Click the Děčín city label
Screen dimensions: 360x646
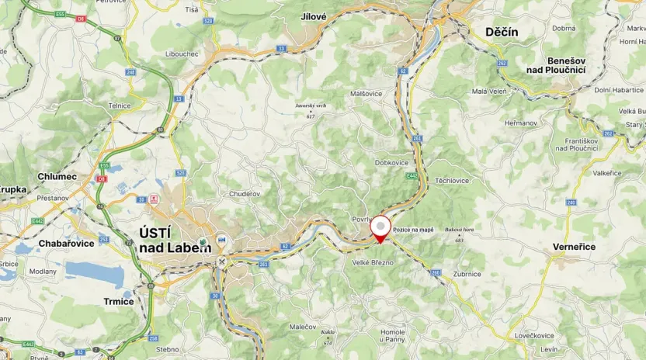[x=502, y=32]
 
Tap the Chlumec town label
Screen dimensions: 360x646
[x=57, y=176]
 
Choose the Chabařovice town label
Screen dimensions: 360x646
[x=66, y=243]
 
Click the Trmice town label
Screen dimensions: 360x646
[x=119, y=301]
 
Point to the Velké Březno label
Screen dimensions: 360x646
[x=373, y=262]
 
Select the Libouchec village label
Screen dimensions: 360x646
[x=204, y=54]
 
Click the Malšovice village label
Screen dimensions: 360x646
[x=366, y=93]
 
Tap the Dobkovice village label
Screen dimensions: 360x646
[x=391, y=162]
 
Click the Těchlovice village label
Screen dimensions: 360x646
[x=452, y=180]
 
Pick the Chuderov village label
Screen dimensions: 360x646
[x=244, y=193]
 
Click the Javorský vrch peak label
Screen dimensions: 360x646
[x=311, y=105]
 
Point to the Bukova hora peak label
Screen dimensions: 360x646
[x=459, y=230]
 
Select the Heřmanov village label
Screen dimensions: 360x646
[x=521, y=123]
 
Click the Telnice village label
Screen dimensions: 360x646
[x=120, y=106]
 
